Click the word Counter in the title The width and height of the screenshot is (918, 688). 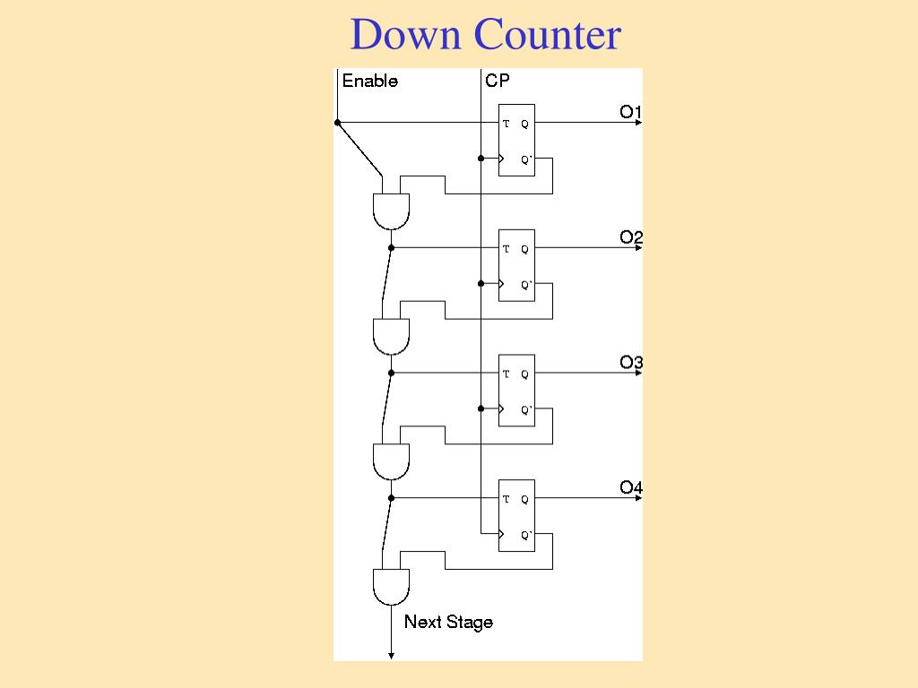(x=547, y=35)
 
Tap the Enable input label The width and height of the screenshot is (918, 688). (x=369, y=82)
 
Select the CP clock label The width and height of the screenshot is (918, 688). (x=498, y=82)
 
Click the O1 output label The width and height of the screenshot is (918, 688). (x=631, y=112)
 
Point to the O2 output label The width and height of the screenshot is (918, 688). (x=631, y=237)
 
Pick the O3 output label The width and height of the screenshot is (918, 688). (x=631, y=363)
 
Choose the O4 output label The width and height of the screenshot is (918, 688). (x=631, y=488)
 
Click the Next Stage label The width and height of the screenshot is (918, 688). (x=448, y=622)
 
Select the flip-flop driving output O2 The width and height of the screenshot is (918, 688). (x=516, y=265)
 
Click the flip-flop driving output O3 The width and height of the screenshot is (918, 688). (x=516, y=391)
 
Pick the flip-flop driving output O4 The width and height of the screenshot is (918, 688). (x=516, y=516)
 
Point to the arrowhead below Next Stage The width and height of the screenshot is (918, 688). (x=391, y=656)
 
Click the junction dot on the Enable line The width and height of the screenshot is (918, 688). (x=337, y=123)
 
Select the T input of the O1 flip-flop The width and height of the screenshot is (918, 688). (x=507, y=124)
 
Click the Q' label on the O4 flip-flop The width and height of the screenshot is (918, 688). (x=526, y=536)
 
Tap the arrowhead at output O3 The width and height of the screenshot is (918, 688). (x=638, y=373)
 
